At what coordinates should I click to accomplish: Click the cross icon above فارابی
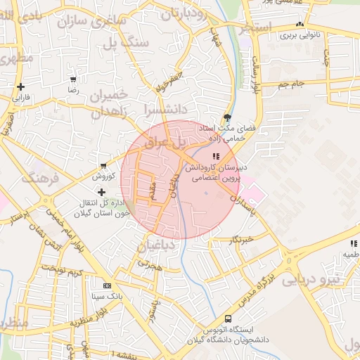20,86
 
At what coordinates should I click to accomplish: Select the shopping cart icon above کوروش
104,165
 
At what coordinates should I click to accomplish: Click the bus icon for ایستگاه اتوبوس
228,319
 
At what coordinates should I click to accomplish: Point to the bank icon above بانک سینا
107,286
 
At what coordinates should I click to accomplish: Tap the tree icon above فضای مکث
226,117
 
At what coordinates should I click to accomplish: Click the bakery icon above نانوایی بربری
300,23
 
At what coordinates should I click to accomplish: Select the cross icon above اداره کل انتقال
101,191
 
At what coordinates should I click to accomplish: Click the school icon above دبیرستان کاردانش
215,156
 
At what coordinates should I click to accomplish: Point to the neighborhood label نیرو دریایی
310,279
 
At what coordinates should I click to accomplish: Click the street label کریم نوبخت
62,271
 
